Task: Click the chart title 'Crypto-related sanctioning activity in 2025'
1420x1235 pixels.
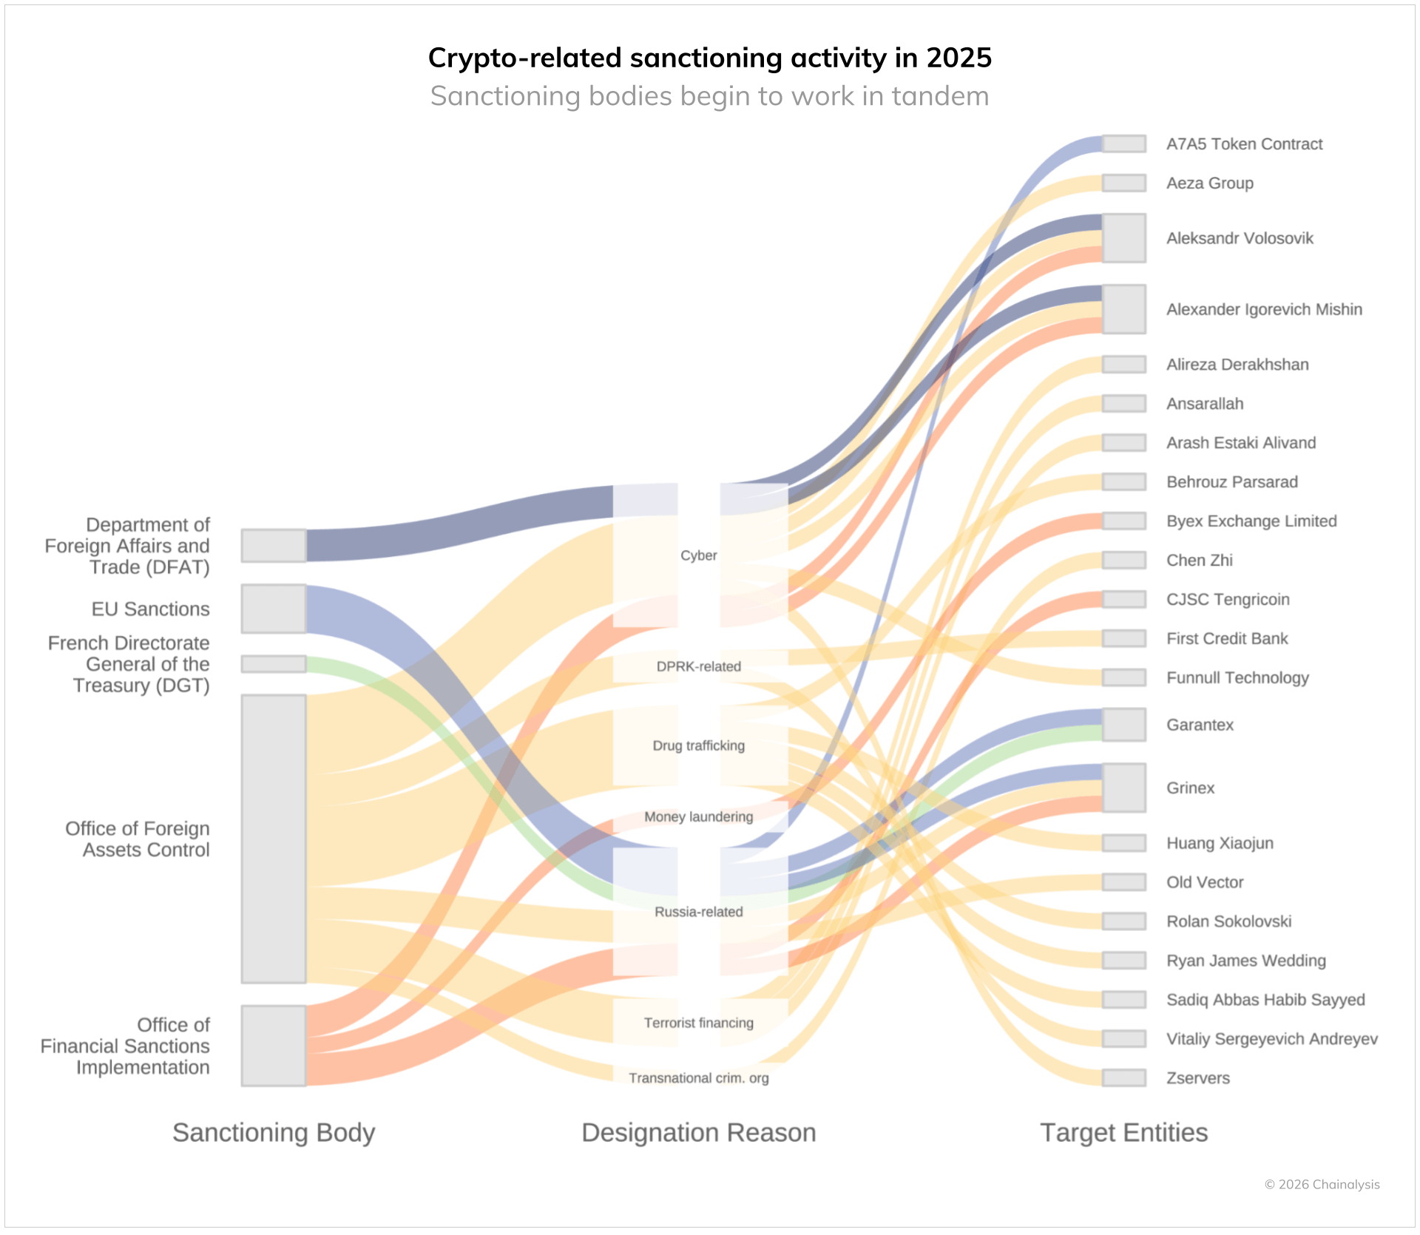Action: click(709, 58)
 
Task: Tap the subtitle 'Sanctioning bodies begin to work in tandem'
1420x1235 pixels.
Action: click(709, 96)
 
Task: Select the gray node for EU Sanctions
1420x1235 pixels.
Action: click(274, 609)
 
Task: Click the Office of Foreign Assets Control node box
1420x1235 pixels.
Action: click(274, 839)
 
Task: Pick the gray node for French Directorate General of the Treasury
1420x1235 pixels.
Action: click(274, 664)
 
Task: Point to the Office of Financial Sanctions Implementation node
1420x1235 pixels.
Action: click(274, 1045)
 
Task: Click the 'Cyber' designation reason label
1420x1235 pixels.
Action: click(698, 555)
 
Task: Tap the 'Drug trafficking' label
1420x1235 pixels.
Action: click(698, 745)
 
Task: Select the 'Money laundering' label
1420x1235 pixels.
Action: click(698, 816)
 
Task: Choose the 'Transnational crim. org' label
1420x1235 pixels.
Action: click(698, 1078)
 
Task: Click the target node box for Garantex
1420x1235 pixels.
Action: click(1123, 725)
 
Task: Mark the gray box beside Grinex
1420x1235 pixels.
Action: click(1123, 788)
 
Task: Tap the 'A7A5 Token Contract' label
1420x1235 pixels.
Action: click(1244, 144)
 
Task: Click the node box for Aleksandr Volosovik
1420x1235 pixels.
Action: click(1123, 238)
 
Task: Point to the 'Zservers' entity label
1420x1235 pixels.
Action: click(1197, 1078)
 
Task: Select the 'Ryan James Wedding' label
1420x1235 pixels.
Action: click(1245, 961)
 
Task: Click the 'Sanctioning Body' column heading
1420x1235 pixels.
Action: click(274, 1132)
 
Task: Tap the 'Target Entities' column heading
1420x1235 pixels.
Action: click(1123, 1132)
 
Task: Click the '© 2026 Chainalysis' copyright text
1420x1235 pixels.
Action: click(1322, 1185)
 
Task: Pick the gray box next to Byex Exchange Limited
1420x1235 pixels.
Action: click(1123, 521)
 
